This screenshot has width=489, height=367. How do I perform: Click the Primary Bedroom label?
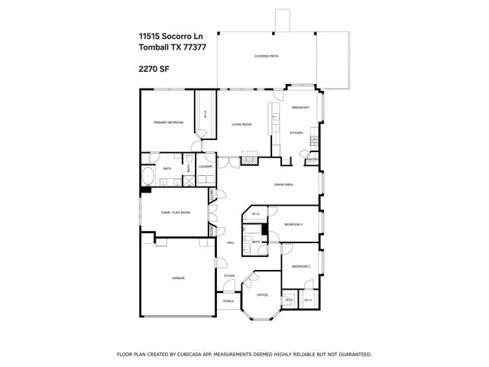(x=168, y=122)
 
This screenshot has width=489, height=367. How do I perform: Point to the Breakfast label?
(x=300, y=108)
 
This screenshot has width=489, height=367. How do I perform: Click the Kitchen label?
(x=296, y=133)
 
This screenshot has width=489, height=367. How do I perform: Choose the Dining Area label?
(x=284, y=185)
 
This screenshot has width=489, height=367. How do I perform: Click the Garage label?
(x=178, y=278)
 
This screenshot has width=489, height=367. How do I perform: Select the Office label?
(x=262, y=294)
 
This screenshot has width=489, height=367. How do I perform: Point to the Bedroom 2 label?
(x=300, y=266)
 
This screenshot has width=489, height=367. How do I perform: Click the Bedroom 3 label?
(x=293, y=224)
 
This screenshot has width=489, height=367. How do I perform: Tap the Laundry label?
(x=205, y=167)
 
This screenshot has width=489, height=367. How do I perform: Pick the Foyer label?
(x=228, y=275)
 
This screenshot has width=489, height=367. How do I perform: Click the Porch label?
(x=228, y=301)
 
